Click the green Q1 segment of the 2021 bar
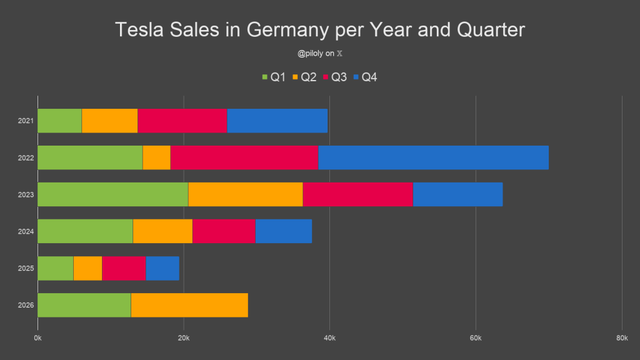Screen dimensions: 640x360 (x=59, y=121)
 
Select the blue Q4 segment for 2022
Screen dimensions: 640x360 (x=434, y=157)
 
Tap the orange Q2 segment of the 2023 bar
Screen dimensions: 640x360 (x=246, y=194)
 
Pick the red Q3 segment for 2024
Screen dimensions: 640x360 (x=224, y=231)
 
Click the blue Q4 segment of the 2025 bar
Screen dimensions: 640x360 (x=162, y=268)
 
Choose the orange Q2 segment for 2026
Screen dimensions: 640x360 (x=189, y=305)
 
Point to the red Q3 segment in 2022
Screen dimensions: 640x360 (x=244, y=157)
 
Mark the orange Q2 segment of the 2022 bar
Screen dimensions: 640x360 (x=157, y=157)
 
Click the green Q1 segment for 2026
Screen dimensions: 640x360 (x=84, y=305)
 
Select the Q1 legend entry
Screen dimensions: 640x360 (x=274, y=77)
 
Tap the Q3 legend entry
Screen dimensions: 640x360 (x=335, y=77)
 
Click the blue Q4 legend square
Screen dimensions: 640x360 (x=356, y=77)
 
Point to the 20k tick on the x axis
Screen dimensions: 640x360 (x=184, y=338)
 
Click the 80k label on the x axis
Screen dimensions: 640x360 (x=622, y=338)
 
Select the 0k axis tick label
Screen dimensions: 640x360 (x=37, y=338)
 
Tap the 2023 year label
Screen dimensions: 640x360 (x=26, y=195)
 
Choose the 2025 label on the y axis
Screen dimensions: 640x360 (x=26, y=268)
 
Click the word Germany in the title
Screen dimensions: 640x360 (x=288, y=30)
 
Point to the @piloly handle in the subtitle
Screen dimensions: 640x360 (x=310, y=54)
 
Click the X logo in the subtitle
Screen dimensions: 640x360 (x=339, y=54)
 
